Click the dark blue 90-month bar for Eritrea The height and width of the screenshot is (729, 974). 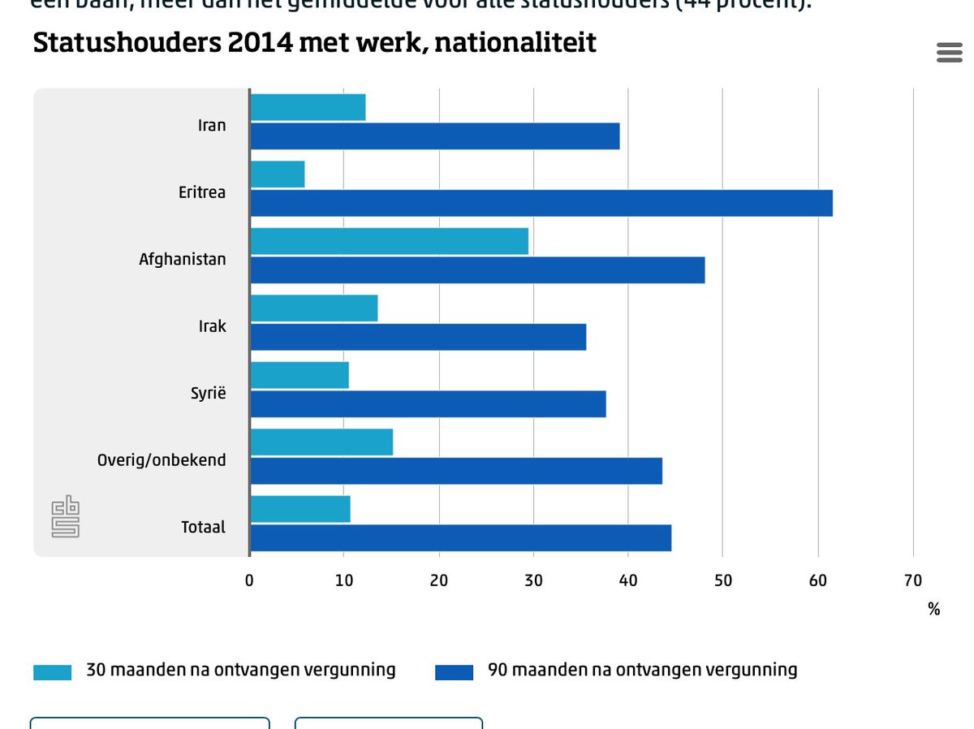click(541, 203)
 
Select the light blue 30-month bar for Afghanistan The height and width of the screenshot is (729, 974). click(389, 241)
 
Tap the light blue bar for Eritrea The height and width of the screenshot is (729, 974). click(278, 175)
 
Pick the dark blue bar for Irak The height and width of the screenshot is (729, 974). click(418, 337)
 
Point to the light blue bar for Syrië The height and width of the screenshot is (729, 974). click(300, 375)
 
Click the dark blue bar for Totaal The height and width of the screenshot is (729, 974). click(460, 538)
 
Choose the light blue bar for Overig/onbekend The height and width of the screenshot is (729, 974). click(321, 442)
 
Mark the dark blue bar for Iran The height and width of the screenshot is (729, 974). click(434, 136)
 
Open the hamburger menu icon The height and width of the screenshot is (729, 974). click(949, 53)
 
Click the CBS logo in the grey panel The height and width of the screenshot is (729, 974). click(66, 518)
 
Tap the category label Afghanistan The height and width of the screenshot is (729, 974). click(183, 260)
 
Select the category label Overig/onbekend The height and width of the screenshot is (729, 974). click(162, 460)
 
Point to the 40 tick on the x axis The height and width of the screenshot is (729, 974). click(628, 580)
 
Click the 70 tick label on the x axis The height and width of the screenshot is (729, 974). click(912, 580)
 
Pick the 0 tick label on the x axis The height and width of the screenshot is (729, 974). click(249, 580)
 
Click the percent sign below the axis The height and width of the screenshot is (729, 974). click(933, 609)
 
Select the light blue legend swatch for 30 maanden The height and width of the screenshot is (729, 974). click(52, 672)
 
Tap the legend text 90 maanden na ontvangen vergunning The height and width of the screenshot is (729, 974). click(642, 670)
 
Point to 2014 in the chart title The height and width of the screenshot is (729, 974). click(260, 42)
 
